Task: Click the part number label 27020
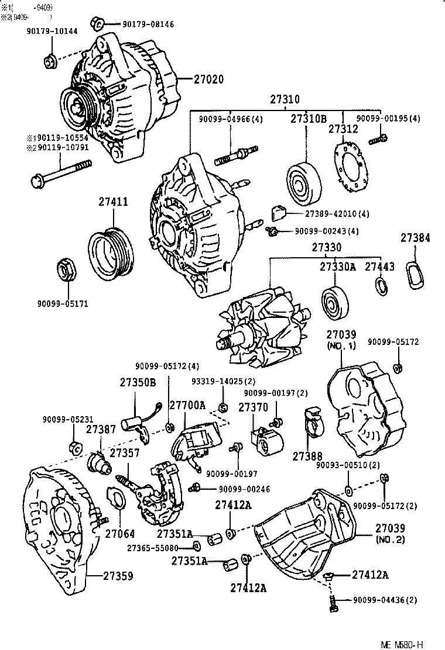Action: pyautogui.click(x=208, y=79)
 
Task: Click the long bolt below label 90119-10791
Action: pyautogui.click(x=58, y=176)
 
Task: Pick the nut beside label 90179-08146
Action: pyautogui.click(x=98, y=23)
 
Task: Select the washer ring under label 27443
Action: pyautogui.click(x=381, y=286)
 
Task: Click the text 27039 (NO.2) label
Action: pyautogui.click(x=390, y=533)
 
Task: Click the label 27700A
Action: pyautogui.click(x=187, y=405)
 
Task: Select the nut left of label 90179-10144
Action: pyautogui.click(x=50, y=60)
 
